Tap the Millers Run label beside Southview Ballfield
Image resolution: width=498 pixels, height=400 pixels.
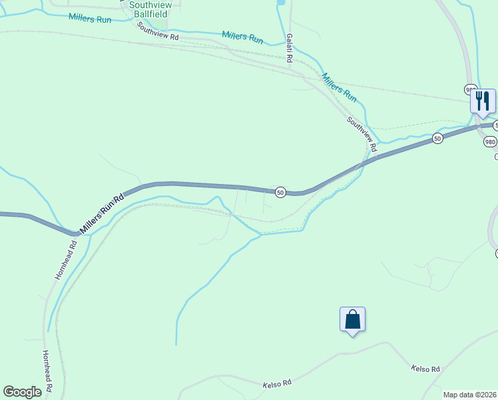[x=91, y=18]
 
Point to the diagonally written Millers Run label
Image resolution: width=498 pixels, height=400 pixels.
[x=339, y=87]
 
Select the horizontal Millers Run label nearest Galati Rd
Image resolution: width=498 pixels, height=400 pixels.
[x=242, y=37]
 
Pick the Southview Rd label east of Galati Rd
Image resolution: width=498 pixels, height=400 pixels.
[x=362, y=133]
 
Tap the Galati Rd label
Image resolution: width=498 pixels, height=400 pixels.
[x=290, y=49]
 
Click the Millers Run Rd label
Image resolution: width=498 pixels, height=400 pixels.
[x=102, y=214]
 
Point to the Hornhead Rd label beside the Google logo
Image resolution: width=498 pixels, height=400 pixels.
[x=47, y=373]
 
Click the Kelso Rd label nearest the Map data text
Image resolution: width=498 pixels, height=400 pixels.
[x=425, y=369]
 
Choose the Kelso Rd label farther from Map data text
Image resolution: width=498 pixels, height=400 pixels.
[x=277, y=384]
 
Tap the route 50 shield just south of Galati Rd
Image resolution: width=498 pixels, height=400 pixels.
[x=280, y=192]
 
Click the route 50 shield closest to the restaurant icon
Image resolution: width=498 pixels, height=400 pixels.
[x=437, y=139]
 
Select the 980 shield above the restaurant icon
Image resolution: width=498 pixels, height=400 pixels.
[x=470, y=89]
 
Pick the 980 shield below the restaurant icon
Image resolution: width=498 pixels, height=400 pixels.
[x=490, y=141]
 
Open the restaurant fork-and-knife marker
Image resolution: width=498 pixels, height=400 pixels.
[x=483, y=101]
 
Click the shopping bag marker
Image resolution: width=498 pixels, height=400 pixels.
[x=352, y=319]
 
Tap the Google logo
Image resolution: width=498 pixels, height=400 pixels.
[x=22, y=392]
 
